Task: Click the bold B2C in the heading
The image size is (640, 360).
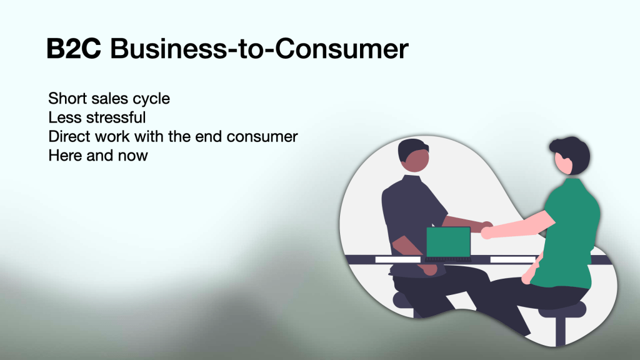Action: (x=74, y=49)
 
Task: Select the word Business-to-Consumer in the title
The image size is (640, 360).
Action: (x=259, y=49)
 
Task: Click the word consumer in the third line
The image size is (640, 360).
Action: (x=262, y=137)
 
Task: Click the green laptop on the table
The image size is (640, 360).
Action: (x=448, y=244)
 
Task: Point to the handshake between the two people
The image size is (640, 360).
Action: (x=486, y=229)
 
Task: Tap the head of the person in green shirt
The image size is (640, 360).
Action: (x=570, y=156)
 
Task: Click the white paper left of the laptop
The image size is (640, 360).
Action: (x=398, y=259)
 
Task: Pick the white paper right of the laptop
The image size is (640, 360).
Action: (x=513, y=259)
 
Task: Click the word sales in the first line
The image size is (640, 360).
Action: (x=110, y=98)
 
